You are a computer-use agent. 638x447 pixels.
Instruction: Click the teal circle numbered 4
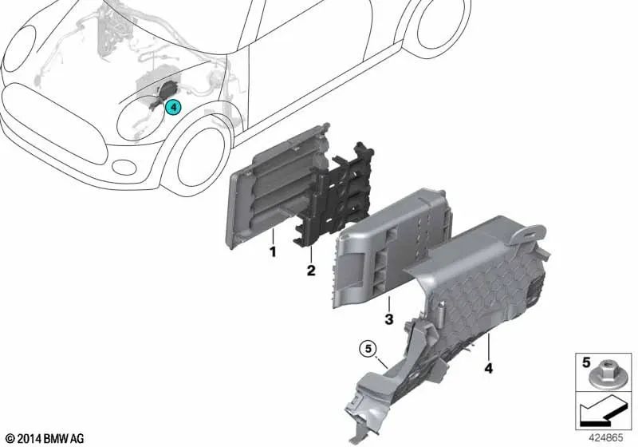click(173, 107)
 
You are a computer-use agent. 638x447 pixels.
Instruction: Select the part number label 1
click(273, 251)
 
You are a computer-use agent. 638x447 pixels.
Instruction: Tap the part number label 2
click(311, 271)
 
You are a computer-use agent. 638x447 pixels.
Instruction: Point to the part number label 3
click(389, 318)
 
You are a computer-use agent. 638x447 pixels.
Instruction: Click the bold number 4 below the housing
click(489, 368)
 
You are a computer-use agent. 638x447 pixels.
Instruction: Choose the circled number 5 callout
click(368, 349)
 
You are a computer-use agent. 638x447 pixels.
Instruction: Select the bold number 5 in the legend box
click(586, 362)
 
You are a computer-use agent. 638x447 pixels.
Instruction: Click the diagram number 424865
click(607, 437)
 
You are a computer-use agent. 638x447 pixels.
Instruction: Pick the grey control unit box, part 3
click(391, 247)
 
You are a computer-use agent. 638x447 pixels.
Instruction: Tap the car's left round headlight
click(19, 49)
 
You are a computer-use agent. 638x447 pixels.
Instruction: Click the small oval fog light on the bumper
click(124, 168)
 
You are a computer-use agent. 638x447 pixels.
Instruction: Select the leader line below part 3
click(389, 303)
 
